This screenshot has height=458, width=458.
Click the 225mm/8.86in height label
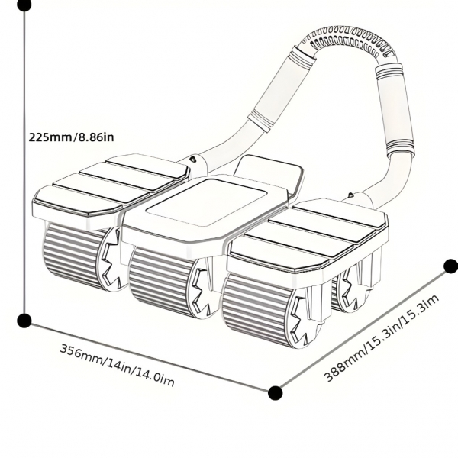(x=71, y=137)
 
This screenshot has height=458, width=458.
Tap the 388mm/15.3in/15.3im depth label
(x=382, y=337)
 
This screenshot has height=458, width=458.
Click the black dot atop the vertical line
(x=24, y=5)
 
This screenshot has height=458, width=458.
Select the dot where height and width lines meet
(x=24, y=320)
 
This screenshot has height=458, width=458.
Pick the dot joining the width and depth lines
(x=275, y=393)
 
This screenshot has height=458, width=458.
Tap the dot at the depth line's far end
(x=450, y=266)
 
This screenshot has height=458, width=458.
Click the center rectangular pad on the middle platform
(x=206, y=202)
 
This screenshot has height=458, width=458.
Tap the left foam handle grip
(x=279, y=87)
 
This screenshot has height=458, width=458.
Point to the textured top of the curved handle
(x=348, y=41)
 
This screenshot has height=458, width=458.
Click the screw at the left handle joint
(x=193, y=159)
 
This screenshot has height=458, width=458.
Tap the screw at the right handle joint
(x=351, y=195)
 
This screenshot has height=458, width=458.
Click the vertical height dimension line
(x=24, y=163)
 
